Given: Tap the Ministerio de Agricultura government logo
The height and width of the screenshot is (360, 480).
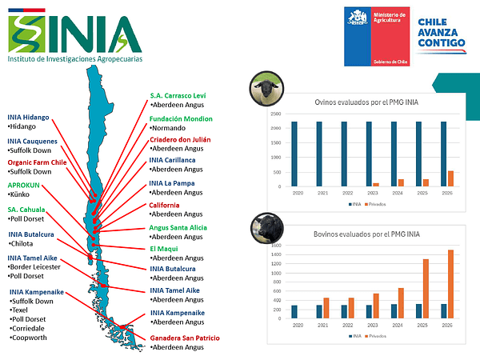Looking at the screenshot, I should click(375, 36).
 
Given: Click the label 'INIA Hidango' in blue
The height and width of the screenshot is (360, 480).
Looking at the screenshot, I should click(29, 117).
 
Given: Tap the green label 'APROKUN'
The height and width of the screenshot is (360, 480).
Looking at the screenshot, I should click(24, 186).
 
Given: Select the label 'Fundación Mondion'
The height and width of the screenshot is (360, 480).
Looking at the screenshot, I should click(181, 118).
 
